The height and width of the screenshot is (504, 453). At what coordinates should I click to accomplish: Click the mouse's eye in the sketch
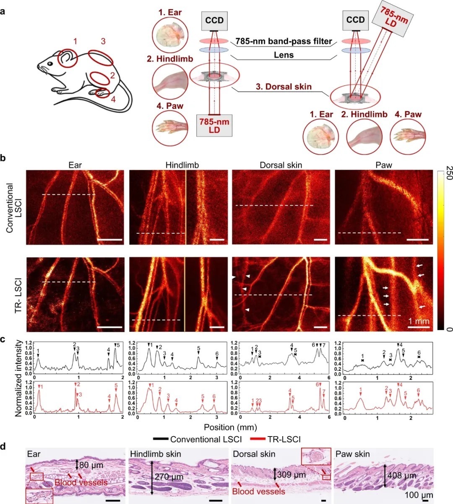pyautogui.click(x=49, y=63)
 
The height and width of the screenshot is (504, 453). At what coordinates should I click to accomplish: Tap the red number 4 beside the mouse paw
pyautogui.click(x=112, y=100)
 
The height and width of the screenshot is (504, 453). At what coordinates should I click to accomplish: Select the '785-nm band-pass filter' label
pyautogui.click(x=284, y=41)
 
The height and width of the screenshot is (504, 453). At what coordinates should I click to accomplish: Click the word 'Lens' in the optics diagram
pyautogui.click(x=284, y=54)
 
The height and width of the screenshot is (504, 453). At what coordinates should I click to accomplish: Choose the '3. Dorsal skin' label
pyautogui.click(x=284, y=87)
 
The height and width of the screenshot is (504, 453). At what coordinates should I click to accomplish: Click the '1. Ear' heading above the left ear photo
pyautogui.click(x=170, y=12)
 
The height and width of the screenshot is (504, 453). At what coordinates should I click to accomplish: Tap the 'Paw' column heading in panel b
pyautogui.click(x=383, y=165)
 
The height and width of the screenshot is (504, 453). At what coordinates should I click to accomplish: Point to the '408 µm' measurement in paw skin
pyautogui.click(x=402, y=476)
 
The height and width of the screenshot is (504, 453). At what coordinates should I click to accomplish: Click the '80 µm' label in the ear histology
pyautogui.click(x=91, y=465)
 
